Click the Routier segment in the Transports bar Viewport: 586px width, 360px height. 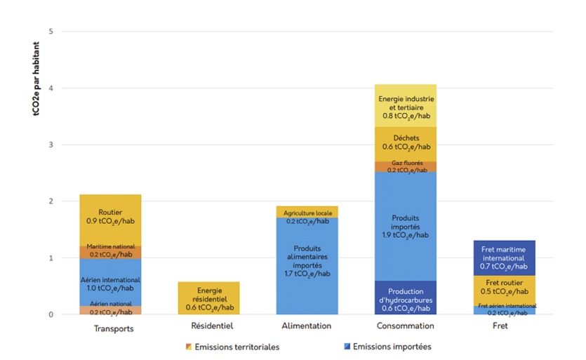[x=110, y=220]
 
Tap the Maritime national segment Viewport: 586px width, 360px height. [x=110, y=251]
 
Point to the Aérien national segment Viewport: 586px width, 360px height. [x=110, y=310]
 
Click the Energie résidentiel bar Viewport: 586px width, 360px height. [x=208, y=298]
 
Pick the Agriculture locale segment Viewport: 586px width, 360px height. [x=307, y=212]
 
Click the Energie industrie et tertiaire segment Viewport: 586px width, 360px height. [x=406, y=105]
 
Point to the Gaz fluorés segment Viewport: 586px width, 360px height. [x=406, y=166]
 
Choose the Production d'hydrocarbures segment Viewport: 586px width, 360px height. [x=406, y=298]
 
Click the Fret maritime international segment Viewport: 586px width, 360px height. [x=504, y=258]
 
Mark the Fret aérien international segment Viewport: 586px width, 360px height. [x=504, y=309]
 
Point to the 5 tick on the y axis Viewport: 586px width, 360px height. [x=50, y=32]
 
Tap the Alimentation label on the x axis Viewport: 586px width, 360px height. [x=307, y=326]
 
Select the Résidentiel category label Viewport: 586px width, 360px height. [x=208, y=326]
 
